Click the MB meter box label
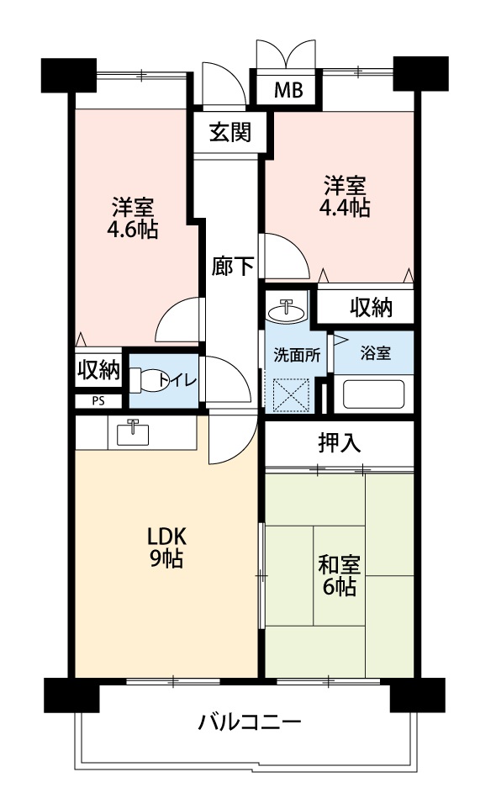(x=288, y=91)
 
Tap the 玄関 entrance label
(x=230, y=133)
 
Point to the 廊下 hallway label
(x=233, y=267)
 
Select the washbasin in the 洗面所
(x=288, y=311)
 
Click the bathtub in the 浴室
(x=374, y=394)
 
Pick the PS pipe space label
(x=98, y=401)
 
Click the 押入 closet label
(x=340, y=442)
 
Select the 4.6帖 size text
(x=133, y=229)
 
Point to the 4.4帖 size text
(x=345, y=208)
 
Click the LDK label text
(x=166, y=537)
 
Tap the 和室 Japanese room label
(x=340, y=565)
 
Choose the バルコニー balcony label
(x=250, y=722)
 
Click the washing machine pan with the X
(x=291, y=394)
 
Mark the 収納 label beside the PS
(x=98, y=369)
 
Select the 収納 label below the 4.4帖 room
(x=372, y=308)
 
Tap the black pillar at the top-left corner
(x=69, y=76)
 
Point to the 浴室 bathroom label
(x=375, y=353)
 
